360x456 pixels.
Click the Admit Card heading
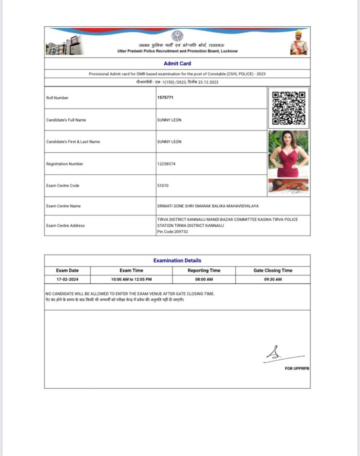pyautogui.click(x=177, y=63)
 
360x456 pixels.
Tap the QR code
pyautogui.click(x=288, y=108)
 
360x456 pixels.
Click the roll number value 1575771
pyautogui.click(x=165, y=98)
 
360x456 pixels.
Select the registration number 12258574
pyautogui.click(x=166, y=164)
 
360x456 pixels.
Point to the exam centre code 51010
pyautogui.click(x=163, y=185)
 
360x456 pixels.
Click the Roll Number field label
pyautogui.click(x=57, y=98)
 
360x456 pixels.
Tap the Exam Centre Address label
pyautogui.click(x=65, y=225)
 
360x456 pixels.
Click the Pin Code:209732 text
pyautogui.click(x=172, y=232)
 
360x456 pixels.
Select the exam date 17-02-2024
pyautogui.click(x=67, y=280)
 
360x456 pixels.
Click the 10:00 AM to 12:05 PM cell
pyautogui.click(x=132, y=280)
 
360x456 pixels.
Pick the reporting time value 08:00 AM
pyautogui.click(x=204, y=280)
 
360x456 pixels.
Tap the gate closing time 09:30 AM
pyautogui.click(x=273, y=280)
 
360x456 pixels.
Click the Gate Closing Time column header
pyautogui.click(x=273, y=270)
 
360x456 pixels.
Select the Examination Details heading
pyautogui.click(x=177, y=260)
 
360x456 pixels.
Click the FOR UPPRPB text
pyautogui.click(x=297, y=368)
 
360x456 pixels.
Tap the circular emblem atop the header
pyautogui.click(x=177, y=36)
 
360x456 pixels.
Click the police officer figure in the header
pyautogui.click(x=299, y=43)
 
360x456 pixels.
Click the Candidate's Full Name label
pyautogui.click(x=66, y=120)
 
